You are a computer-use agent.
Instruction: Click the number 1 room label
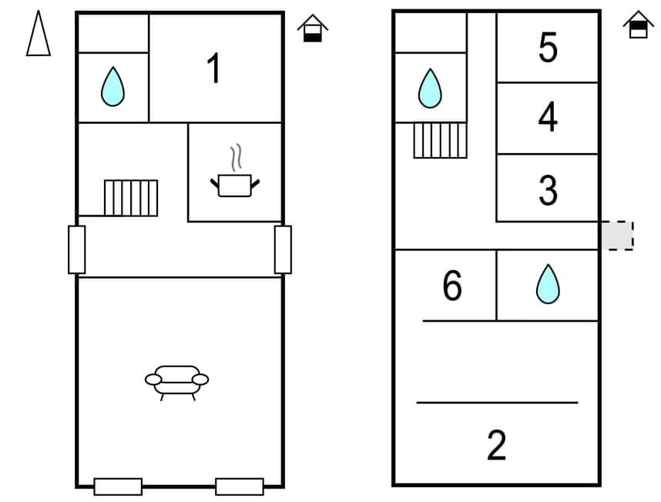pos(214,69)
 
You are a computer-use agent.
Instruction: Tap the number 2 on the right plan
pos(497,445)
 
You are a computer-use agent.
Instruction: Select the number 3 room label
pos(548,190)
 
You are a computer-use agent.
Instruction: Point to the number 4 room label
pos(548,118)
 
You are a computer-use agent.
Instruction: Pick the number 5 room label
pos(548,49)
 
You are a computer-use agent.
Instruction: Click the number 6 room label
pos(452,286)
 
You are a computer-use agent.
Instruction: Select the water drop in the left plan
pos(112,86)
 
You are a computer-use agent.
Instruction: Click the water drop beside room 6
pos(548,283)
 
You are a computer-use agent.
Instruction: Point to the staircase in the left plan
pos(131,198)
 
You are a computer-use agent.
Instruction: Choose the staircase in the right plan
pos(441,140)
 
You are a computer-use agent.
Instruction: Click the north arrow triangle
pos(39,34)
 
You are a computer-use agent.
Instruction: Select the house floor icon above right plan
pos(638,25)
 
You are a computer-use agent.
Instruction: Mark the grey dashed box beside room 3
pos(617,236)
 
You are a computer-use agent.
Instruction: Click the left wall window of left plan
pos(76,249)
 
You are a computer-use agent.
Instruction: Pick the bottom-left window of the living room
pos(118,487)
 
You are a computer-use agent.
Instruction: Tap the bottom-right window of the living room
pos(240,487)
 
